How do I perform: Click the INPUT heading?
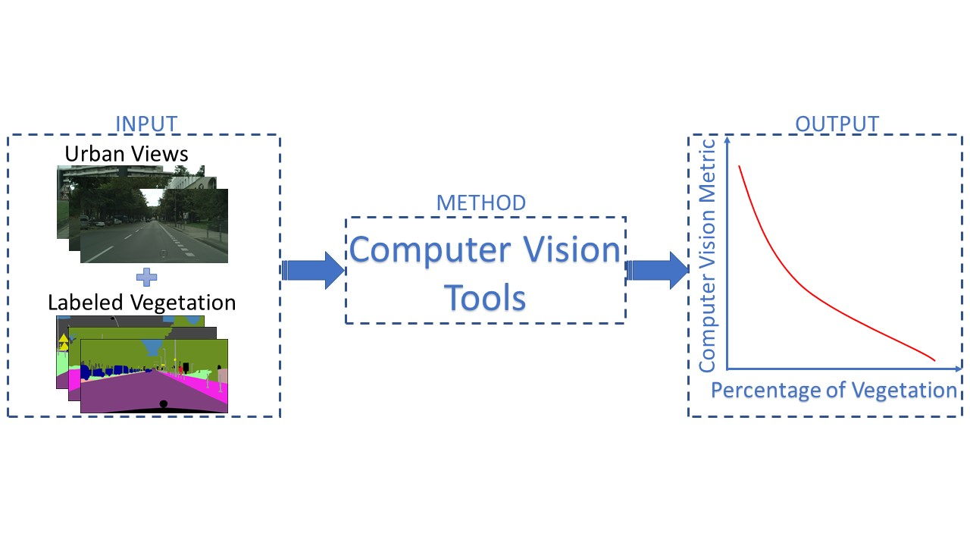(x=145, y=124)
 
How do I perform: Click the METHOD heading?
(x=480, y=203)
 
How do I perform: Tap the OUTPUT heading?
(x=837, y=124)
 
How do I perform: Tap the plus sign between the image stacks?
(x=147, y=277)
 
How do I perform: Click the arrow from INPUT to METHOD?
(x=313, y=271)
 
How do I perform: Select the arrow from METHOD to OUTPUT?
(x=656, y=271)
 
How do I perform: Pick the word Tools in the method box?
(x=485, y=297)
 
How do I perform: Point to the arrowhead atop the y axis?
(x=727, y=140)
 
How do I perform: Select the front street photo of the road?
(x=154, y=226)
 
